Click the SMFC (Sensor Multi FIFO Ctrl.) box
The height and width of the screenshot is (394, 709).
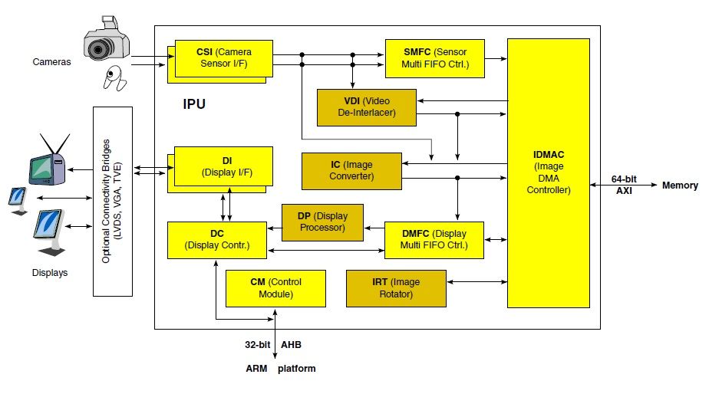pyautogui.click(x=435, y=57)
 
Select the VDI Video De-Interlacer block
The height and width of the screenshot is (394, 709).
pyautogui.click(x=366, y=107)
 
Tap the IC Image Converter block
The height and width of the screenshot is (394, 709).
pyautogui.click(x=351, y=171)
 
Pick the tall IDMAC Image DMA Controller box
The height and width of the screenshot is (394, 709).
pyautogui.click(x=547, y=172)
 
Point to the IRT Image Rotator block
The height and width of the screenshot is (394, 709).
pyautogui.click(x=396, y=288)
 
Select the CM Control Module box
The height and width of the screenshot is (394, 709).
pyautogui.click(x=275, y=288)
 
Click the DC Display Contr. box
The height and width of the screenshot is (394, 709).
pyautogui.click(x=218, y=239)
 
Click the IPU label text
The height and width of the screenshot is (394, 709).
pyautogui.click(x=194, y=103)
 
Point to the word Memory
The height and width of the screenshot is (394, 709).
pyautogui.click(x=680, y=186)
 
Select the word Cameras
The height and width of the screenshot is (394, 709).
pyautogui.click(x=51, y=61)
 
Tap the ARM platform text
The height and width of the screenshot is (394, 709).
pyautogui.click(x=280, y=369)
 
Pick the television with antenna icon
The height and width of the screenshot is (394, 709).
pyautogui.click(x=46, y=163)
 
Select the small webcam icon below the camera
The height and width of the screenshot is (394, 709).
pyautogui.click(x=114, y=77)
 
